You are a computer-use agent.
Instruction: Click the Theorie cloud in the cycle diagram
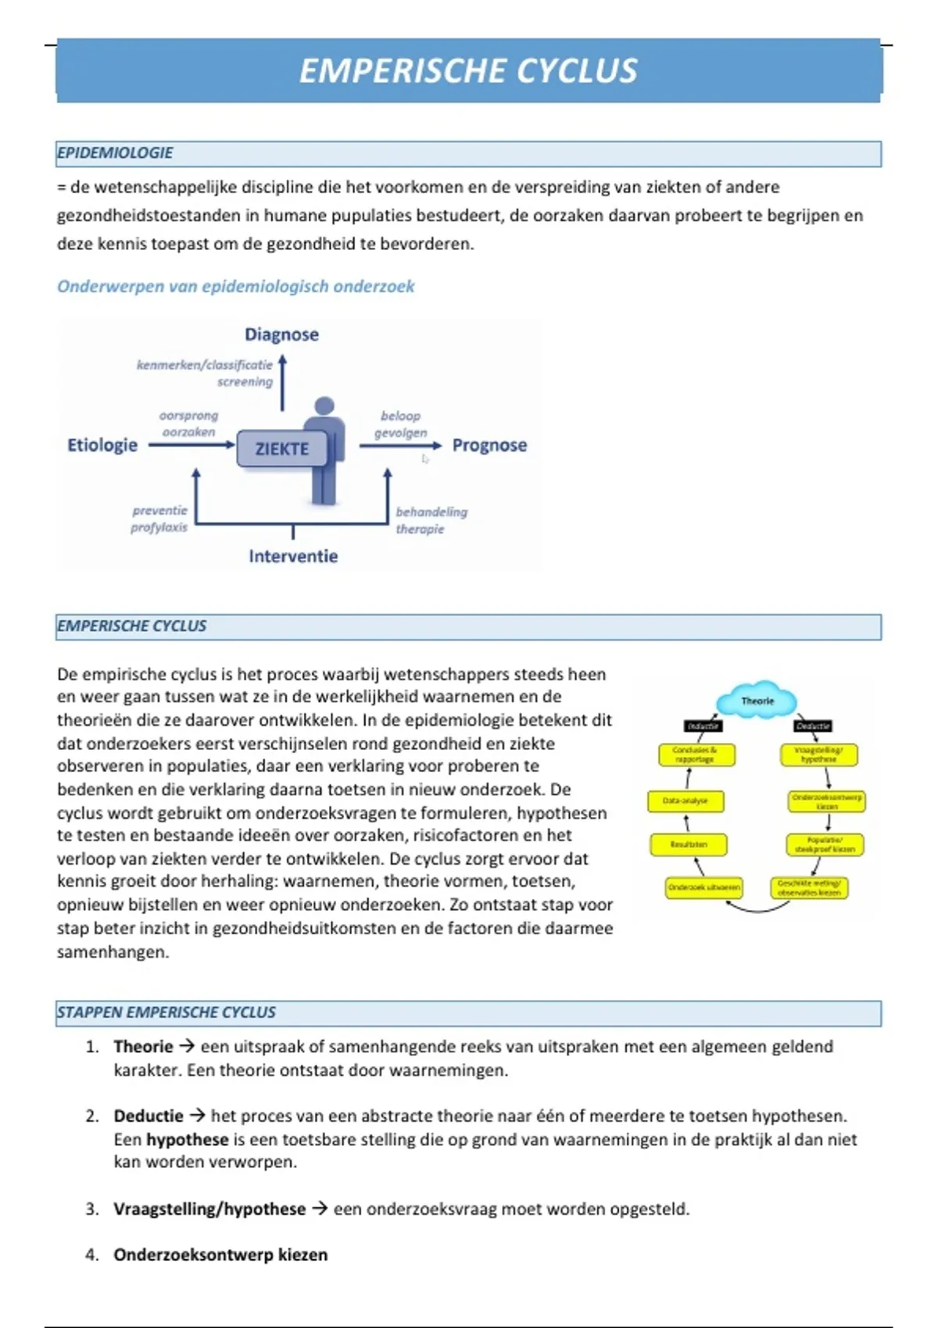757,700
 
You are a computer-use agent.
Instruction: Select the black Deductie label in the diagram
812,726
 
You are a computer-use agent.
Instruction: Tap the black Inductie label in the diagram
702,726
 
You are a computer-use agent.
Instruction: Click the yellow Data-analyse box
686,801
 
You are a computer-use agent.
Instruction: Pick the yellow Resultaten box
688,844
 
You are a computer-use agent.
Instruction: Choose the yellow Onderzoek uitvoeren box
703,887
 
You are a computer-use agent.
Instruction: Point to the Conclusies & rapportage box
695,754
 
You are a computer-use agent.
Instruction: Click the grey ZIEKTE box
282,448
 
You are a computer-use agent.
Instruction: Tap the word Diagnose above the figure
281,334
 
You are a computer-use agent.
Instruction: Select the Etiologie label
102,445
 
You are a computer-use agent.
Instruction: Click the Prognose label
489,445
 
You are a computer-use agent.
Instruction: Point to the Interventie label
293,556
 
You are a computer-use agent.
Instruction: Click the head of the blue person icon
324,405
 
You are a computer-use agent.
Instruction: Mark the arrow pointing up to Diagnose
282,383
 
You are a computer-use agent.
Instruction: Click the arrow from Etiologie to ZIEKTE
192,445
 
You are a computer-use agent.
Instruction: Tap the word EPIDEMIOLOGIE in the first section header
115,153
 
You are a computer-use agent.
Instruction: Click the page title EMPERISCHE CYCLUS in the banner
468,70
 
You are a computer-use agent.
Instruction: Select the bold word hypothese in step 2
187,1139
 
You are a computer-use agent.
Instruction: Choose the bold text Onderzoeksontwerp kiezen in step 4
220,1255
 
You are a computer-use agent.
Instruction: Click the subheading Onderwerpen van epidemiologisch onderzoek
235,287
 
